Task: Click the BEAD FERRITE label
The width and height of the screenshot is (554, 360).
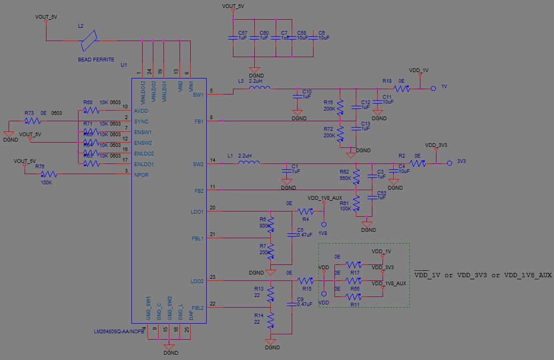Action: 96,60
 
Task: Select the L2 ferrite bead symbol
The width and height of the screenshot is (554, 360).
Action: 89,40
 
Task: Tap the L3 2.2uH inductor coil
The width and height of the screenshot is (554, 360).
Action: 260,88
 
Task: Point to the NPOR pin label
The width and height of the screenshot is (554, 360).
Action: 142,175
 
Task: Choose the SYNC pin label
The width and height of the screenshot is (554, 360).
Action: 142,122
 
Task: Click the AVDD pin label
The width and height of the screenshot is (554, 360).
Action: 142,111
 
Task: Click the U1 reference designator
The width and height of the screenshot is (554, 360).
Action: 124,65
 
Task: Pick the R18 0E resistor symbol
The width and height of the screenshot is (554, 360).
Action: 401,89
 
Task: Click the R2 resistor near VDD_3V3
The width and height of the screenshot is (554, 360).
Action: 417,163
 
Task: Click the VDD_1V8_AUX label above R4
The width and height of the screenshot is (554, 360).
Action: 324,198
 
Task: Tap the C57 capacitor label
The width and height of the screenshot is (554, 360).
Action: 243,33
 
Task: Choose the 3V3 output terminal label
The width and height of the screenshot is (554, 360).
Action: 463,161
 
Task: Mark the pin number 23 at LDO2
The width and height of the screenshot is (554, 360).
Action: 212,277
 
